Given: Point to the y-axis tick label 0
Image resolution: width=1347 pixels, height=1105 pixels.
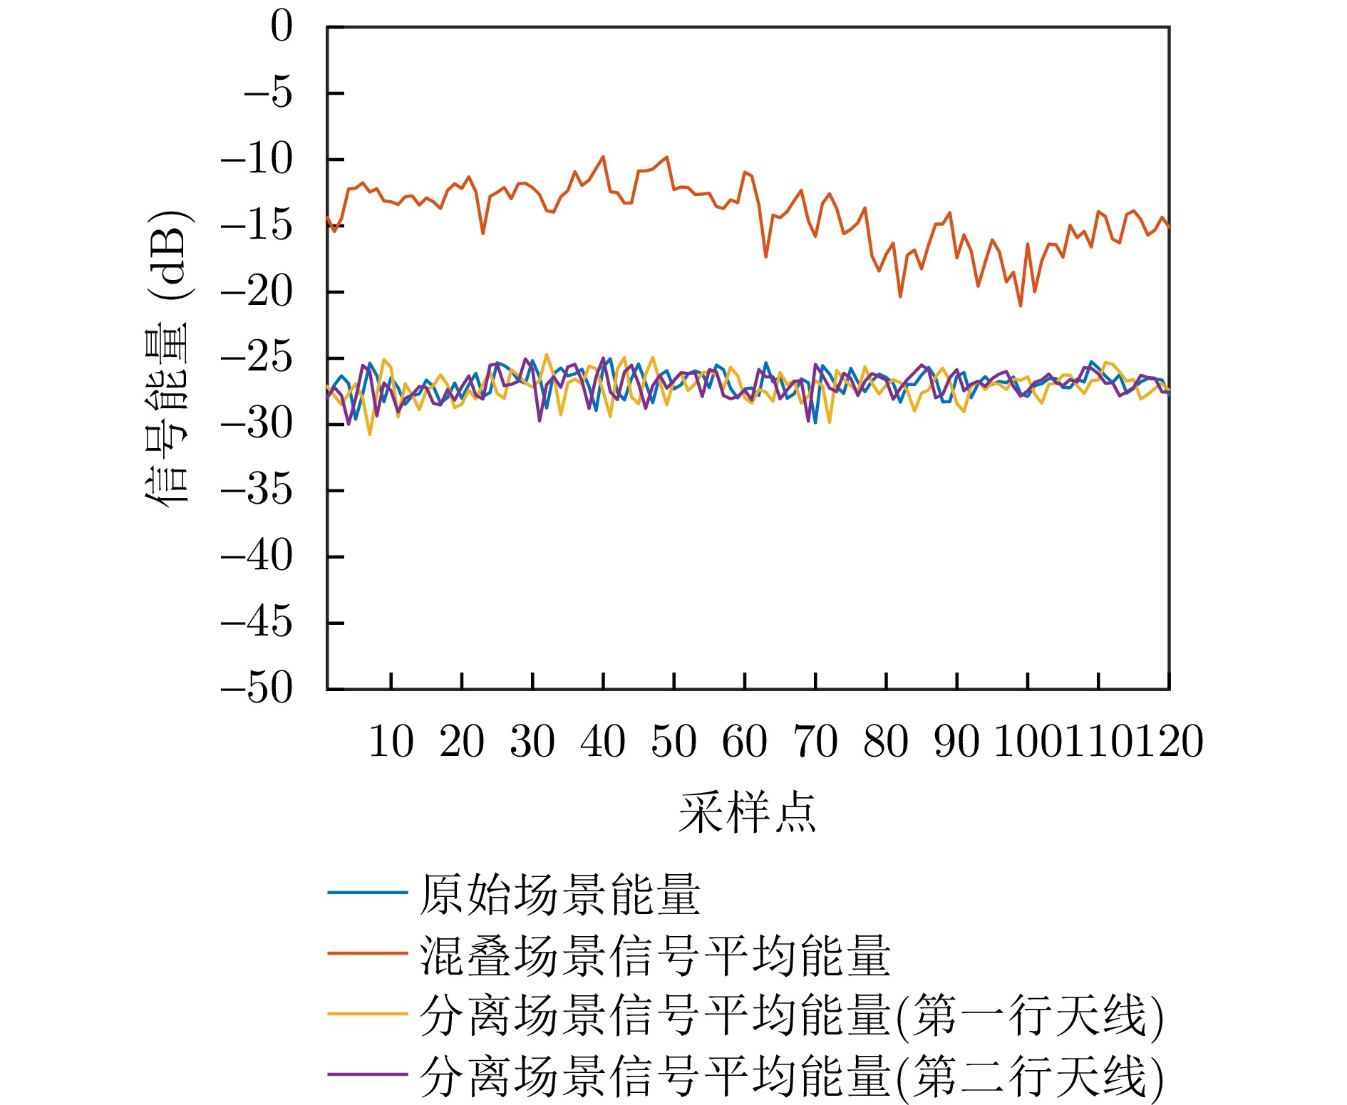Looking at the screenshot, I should coord(282,28).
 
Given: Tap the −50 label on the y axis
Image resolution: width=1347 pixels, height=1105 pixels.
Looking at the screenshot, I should coord(257,690).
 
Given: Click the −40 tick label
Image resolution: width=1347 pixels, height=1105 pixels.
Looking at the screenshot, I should coord(257,557).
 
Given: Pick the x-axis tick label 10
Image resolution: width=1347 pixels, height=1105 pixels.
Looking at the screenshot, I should coord(391,742).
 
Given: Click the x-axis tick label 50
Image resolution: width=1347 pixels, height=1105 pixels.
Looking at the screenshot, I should coord(673,742).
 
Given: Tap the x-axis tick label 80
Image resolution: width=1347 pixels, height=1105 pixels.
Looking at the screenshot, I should coord(885,742).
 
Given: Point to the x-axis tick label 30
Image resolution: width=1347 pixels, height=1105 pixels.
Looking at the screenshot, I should coord(532,742).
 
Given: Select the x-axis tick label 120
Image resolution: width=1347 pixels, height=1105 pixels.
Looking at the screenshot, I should coord(1169,742).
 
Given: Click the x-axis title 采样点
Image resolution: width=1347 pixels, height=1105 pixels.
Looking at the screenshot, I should coord(747,813).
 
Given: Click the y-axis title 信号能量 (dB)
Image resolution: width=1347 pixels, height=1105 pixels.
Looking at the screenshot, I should coord(168,358).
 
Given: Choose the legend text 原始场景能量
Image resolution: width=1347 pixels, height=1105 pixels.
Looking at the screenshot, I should coord(559,895).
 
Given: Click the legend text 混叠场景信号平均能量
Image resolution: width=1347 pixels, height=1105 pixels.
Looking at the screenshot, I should coord(654,955).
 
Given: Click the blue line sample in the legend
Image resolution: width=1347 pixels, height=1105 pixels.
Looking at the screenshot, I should coord(367,893).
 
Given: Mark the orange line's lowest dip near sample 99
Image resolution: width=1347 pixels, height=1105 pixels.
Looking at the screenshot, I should coord(1021,306).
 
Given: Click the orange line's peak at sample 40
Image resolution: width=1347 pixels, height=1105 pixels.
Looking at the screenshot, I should coord(604,157).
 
